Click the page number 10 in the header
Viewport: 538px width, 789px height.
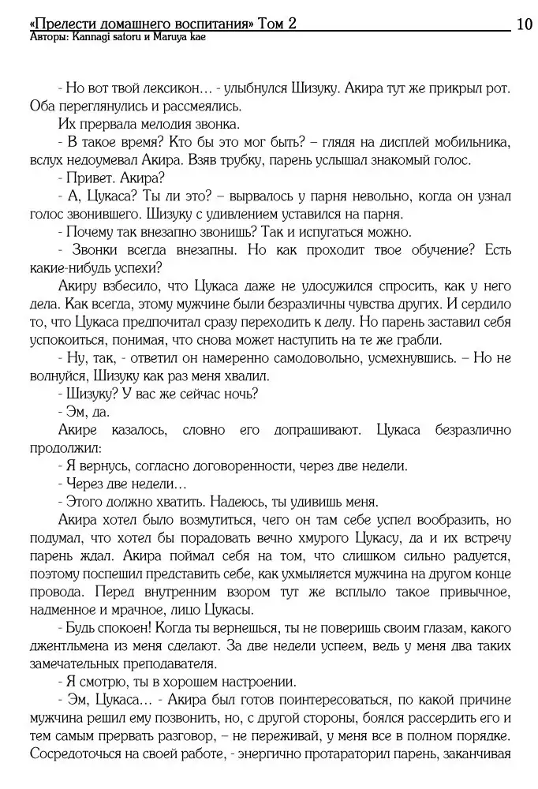coord(524,24)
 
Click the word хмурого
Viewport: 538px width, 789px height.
coord(377,538)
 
